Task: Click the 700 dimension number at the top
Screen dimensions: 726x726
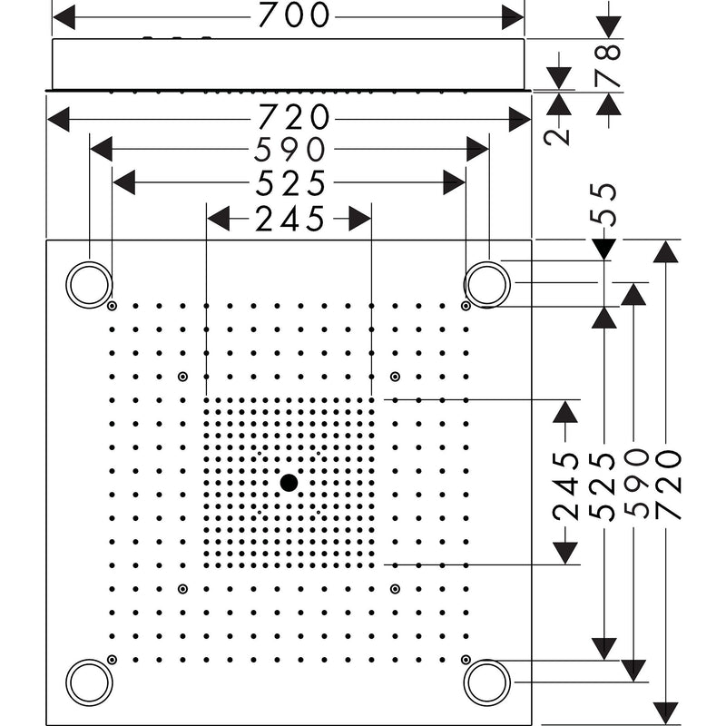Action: [x=293, y=15]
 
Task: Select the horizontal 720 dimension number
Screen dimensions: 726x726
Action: [x=293, y=117]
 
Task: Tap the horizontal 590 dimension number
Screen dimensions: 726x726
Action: [x=290, y=149]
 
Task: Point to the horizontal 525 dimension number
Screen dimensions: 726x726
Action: [x=290, y=182]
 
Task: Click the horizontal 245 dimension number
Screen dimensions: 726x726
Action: [x=289, y=219]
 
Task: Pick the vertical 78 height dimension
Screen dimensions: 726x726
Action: [x=608, y=64]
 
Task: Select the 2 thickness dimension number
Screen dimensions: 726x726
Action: [x=557, y=137]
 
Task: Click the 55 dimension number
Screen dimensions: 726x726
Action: [x=603, y=205]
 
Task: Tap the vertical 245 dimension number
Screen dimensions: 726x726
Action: [x=565, y=486]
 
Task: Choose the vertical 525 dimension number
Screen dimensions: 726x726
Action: [x=603, y=486]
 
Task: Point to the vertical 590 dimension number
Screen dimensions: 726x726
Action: [x=636, y=483]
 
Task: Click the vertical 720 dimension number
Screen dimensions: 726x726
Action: [x=668, y=485]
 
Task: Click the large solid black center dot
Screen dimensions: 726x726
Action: [x=289, y=483]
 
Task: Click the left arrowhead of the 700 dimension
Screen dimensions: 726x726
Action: [x=64, y=17]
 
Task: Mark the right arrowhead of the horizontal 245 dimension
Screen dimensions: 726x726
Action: [x=359, y=219]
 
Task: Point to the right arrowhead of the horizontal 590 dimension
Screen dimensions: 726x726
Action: [x=477, y=149]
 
